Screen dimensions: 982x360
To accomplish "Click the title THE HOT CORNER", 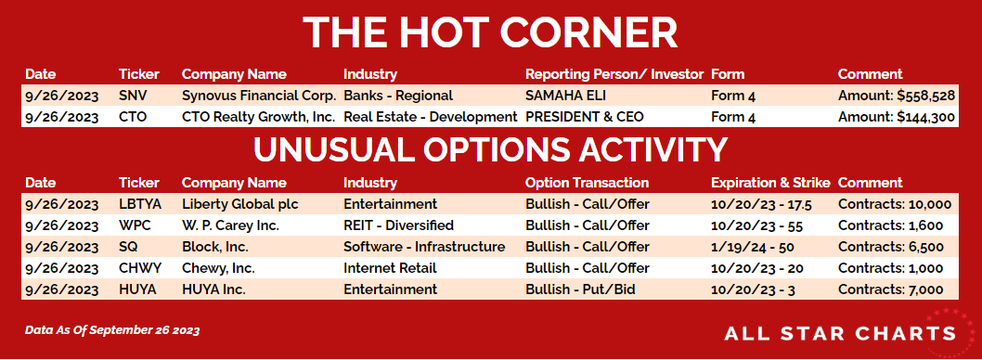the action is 490,32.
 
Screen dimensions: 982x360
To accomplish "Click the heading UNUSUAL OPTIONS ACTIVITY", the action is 490,149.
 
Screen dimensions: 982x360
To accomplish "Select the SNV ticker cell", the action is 132,96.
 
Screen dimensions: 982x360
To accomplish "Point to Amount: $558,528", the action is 897,96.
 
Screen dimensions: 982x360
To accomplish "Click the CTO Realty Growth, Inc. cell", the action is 259,117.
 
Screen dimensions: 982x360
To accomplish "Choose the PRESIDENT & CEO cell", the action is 585,117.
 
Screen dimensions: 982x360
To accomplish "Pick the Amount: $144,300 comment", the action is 897,117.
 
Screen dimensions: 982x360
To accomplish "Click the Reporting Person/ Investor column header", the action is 614,74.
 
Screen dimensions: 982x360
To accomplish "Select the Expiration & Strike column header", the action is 770,183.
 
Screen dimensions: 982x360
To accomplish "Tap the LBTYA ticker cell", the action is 139,204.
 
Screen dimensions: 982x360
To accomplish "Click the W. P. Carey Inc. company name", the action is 230,225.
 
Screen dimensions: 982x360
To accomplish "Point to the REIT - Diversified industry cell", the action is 398,225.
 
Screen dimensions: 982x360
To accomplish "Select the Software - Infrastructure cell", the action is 424,247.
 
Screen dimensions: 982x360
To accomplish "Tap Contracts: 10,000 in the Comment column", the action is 895,204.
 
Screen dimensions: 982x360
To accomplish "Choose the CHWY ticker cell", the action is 140,268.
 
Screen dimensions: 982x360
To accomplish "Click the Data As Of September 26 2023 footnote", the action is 112,330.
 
